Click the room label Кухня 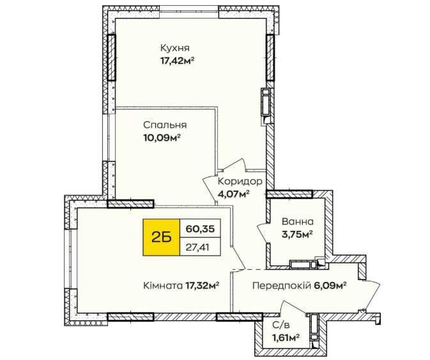[x=174, y=48]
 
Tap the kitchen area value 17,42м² [x=177, y=61]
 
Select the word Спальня [x=165, y=125]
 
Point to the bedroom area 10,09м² [x=162, y=137]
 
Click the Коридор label [x=240, y=182]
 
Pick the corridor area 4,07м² [x=233, y=194]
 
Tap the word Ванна [x=298, y=221]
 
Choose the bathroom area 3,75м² [x=298, y=234]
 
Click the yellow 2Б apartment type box [x=161, y=237]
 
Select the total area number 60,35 [x=200, y=228]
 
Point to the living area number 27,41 [x=197, y=247]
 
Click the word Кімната [x=163, y=286]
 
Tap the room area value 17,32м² [x=203, y=286]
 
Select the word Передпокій [x=281, y=286]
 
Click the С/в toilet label [x=281, y=325]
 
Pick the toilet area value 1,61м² [x=286, y=338]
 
